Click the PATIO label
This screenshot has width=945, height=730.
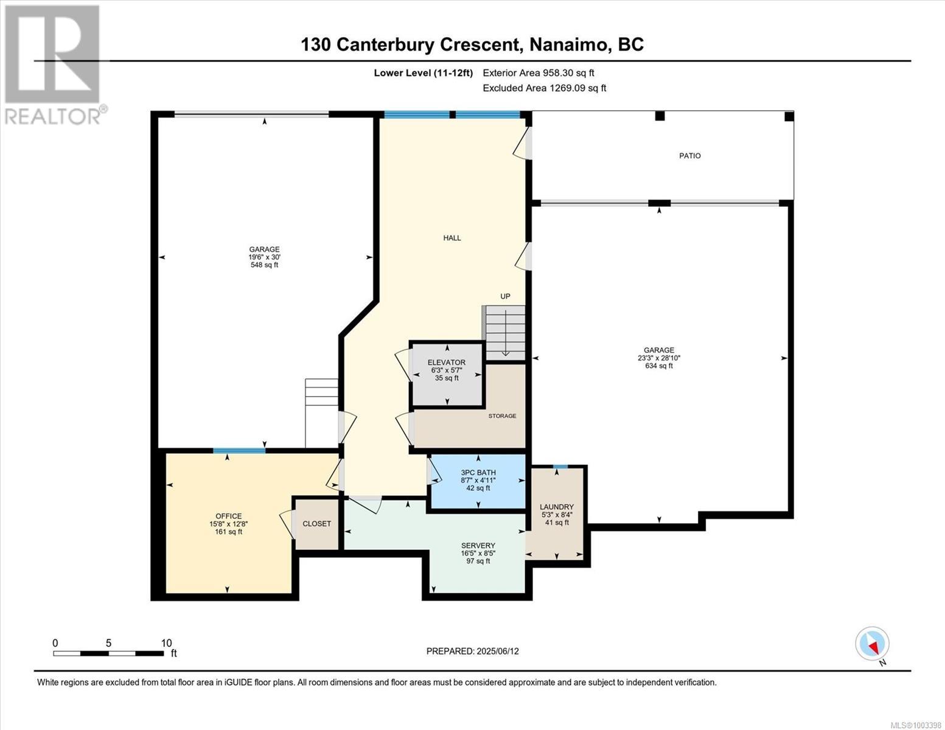pyautogui.click(x=689, y=156)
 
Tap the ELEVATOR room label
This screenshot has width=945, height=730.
pyautogui.click(x=446, y=362)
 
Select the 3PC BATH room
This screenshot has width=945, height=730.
pyautogui.click(x=478, y=481)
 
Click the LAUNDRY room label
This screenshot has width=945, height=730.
pyautogui.click(x=557, y=507)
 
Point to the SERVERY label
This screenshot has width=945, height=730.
pyautogui.click(x=478, y=545)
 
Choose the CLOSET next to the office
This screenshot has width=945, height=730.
pyautogui.click(x=316, y=524)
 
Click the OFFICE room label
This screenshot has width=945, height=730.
pyautogui.click(x=228, y=516)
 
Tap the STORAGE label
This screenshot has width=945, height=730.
pyautogui.click(x=502, y=416)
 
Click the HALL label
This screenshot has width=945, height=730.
pyautogui.click(x=452, y=238)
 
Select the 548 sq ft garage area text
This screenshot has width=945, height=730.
pyautogui.click(x=264, y=265)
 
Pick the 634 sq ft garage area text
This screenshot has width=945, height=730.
pyautogui.click(x=659, y=366)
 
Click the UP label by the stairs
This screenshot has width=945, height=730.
pyautogui.click(x=505, y=296)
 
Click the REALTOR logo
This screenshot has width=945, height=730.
pyautogui.click(x=54, y=65)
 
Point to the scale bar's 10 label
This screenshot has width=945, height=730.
pyautogui.click(x=167, y=643)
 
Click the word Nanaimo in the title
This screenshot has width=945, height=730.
pyautogui.click(x=568, y=44)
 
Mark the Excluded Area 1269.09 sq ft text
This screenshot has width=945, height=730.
pyautogui.click(x=545, y=88)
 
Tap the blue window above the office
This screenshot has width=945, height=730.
pyautogui.click(x=239, y=450)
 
